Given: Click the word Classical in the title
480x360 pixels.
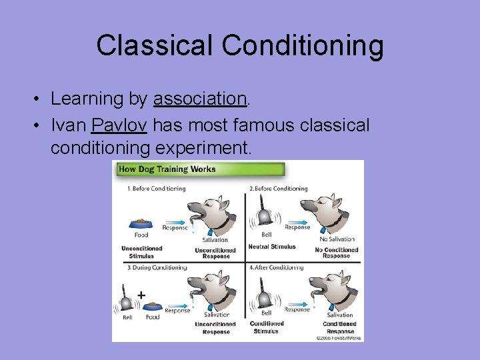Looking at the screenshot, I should tap(155, 46).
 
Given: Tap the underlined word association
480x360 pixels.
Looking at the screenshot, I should tap(200, 99).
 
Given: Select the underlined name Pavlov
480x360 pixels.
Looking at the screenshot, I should tap(119, 125).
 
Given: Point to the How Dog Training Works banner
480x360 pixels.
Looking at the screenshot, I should tap(167, 169).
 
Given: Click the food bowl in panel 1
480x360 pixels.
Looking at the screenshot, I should tap(142, 223).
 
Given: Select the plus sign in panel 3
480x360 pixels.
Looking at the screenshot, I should tap(141, 294).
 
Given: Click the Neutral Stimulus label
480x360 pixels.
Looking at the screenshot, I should tap(273, 247).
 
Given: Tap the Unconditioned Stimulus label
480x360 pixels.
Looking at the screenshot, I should tap(141, 252).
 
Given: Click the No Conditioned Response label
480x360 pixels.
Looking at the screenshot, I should tap(336, 253).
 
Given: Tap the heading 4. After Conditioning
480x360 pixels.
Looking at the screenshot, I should tap(276, 267).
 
